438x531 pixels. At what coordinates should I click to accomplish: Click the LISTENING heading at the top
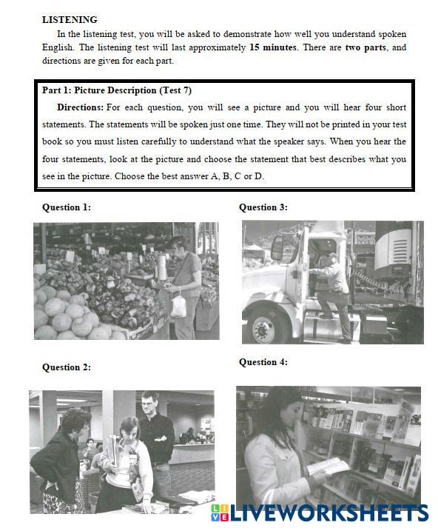click(70, 20)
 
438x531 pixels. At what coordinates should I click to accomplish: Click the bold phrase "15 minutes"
click(273, 47)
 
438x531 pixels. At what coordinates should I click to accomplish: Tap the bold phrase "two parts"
click(365, 47)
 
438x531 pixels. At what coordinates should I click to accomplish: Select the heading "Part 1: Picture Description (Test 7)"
click(117, 90)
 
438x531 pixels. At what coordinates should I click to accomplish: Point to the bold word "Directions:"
click(80, 107)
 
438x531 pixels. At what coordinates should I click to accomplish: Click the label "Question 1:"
click(67, 207)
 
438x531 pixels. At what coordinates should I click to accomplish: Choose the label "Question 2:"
click(67, 367)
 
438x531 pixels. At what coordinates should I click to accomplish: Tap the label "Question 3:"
click(263, 207)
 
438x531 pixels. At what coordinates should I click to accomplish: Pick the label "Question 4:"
click(263, 362)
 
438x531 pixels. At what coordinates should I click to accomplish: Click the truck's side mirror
click(277, 248)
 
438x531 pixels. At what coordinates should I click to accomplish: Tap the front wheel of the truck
click(263, 328)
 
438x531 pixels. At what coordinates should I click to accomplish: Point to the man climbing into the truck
click(331, 295)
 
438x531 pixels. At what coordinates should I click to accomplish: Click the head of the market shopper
click(179, 246)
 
